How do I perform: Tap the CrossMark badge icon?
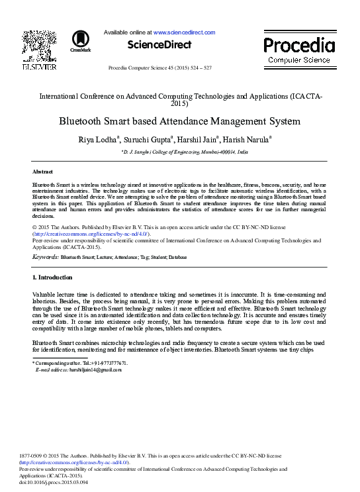pos(80,40)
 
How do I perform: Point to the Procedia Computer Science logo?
pos(299,50)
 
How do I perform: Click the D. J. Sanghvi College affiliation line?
pos(185,152)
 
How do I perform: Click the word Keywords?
pos(46,256)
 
